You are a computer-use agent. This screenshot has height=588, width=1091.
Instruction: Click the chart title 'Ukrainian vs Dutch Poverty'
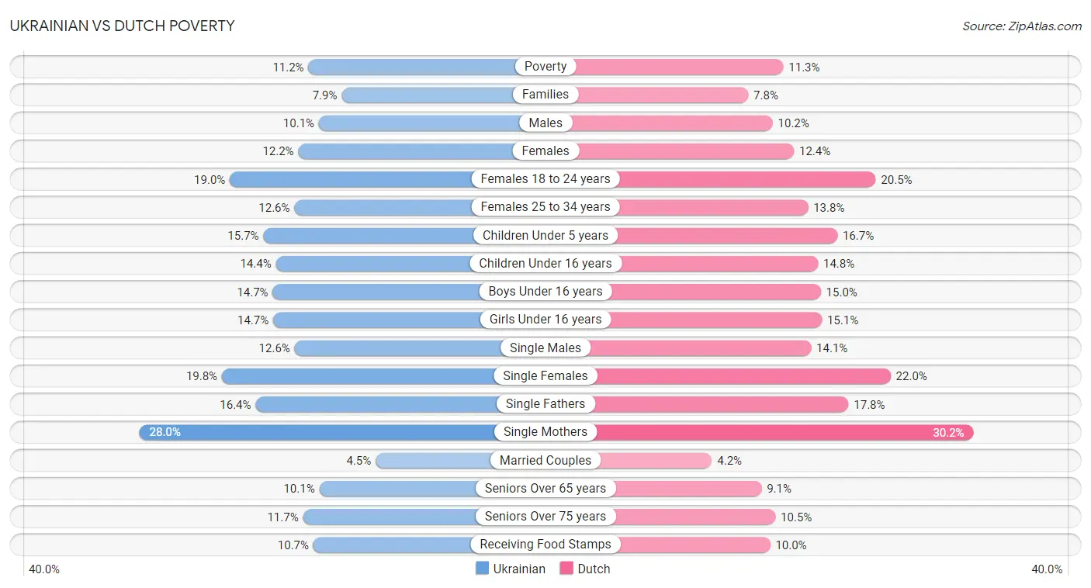tap(122, 26)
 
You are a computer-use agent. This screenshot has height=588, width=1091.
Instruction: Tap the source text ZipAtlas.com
tap(1021, 26)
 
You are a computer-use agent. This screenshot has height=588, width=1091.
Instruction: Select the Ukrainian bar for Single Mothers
tap(318, 432)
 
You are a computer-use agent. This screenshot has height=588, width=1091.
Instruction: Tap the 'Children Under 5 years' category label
tap(545, 235)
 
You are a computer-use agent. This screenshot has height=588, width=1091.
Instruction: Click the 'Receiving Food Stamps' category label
tap(545, 545)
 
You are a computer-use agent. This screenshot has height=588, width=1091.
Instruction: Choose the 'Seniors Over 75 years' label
tap(545, 516)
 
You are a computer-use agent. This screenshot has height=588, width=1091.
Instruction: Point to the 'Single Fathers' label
tap(545, 403)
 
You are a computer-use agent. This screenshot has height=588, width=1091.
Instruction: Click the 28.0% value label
tap(165, 432)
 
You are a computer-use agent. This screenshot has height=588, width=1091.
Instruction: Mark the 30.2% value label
tap(948, 432)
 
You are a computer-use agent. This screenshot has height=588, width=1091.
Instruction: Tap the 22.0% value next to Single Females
tap(912, 376)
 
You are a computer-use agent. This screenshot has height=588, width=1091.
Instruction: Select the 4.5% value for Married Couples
tap(358, 461)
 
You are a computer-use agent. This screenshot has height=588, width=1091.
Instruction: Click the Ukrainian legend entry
tap(511, 569)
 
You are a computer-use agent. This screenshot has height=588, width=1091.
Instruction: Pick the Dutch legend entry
tap(585, 569)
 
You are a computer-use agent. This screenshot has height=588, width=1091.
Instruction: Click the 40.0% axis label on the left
tap(44, 569)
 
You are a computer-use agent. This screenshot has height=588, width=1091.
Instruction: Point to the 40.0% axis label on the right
tap(1047, 569)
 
